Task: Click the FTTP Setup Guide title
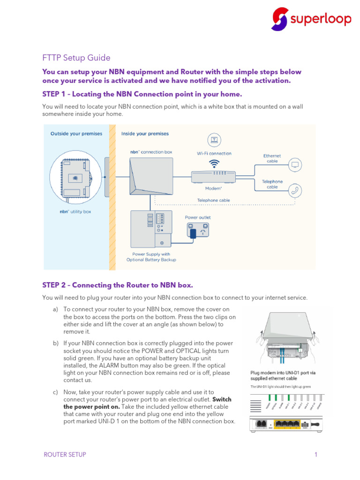(x=76, y=58)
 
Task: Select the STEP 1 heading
(x=142, y=94)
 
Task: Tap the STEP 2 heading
(x=117, y=285)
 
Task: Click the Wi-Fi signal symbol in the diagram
(x=214, y=163)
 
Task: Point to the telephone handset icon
(x=295, y=190)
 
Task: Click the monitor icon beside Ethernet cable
(x=295, y=165)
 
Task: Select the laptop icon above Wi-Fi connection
(x=214, y=140)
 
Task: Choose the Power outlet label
(x=198, y=217)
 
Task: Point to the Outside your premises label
(x=76, y=134)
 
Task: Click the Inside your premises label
(x=145, y=134)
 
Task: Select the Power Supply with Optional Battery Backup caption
(x=151, y=257)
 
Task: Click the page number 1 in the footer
(x=316, y=455)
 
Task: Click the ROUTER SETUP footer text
(x=65, y=455)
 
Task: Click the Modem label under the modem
(x=213, y=188)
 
